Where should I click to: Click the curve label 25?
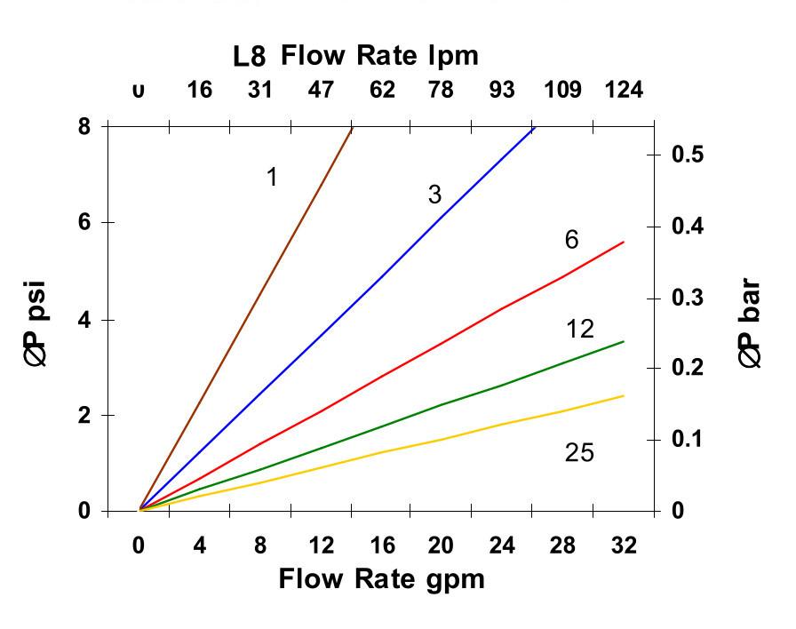pos(579,453)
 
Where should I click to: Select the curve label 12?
pos(580,330)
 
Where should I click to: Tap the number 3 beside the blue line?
pos(434,195)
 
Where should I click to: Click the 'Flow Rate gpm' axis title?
pos(382,579)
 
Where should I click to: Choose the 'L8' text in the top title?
pos(250,58)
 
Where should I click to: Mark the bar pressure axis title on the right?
pos(751,324)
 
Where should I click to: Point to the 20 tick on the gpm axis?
pos(441,545)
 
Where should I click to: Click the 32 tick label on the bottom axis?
pos(625,545)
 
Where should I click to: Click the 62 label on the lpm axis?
pos(382,90)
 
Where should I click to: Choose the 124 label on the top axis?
pos(624,90)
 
